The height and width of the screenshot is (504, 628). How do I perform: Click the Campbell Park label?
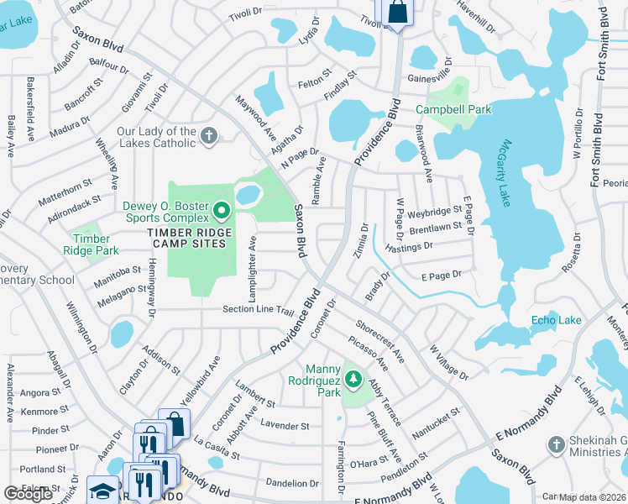[453, 109]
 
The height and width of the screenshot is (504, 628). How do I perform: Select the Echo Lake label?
[556, 320]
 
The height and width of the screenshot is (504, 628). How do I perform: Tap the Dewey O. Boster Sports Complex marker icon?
[222, 208]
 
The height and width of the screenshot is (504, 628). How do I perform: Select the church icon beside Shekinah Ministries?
[554, 443]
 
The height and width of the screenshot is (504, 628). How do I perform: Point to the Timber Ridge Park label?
[91, 244]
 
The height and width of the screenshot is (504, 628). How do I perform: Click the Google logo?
[28, 494]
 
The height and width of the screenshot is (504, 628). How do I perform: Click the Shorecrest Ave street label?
[380, 342]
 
